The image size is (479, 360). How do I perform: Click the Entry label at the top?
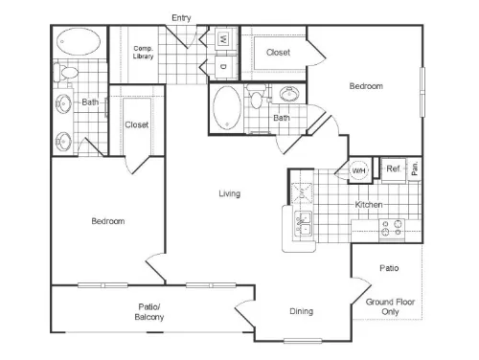point(181,18)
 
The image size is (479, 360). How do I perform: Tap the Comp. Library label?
point(143,52)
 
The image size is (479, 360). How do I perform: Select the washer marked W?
point(223,39)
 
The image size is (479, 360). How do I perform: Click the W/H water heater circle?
point(359,170)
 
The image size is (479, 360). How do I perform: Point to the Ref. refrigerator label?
point(394,169)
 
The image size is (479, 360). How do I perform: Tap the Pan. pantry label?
point(415,169)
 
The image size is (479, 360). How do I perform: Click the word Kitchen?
point(369,205)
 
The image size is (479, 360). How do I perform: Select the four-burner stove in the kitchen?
point(392,229)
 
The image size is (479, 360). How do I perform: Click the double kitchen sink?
point(303,224)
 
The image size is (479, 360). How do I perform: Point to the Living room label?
point(230,193)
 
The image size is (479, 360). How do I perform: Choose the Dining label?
point(301,311)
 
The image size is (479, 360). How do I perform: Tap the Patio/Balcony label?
point(149,312)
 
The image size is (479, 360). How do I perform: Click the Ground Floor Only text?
point(390,306)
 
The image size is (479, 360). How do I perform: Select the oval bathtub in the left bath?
point(79,41)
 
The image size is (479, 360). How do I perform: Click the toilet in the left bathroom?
point(66,73)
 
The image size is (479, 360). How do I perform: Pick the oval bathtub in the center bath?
point(227,107)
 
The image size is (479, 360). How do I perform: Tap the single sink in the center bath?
point(289,94)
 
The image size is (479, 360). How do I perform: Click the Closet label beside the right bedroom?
point(278,53)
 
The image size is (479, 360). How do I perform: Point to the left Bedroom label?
point(108,221)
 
